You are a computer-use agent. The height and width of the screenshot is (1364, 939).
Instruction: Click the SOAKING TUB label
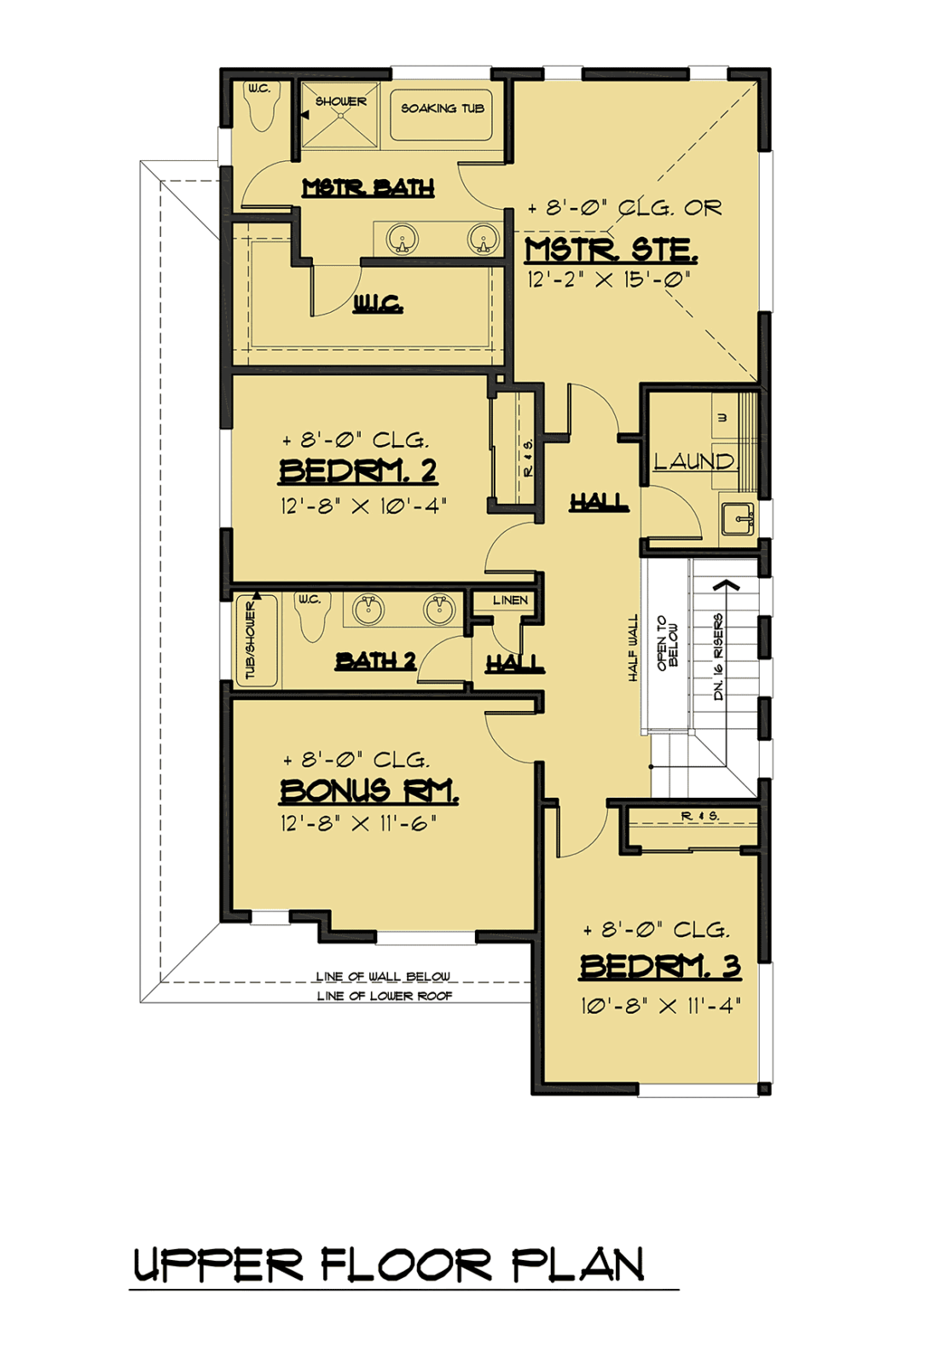click(x=443, y=108)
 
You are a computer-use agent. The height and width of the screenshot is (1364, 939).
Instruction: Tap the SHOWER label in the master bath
click(x=340, y=101)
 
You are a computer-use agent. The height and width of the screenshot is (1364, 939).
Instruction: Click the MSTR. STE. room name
click(x=611, y=251)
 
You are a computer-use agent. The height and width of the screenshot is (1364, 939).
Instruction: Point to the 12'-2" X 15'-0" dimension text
click(x=609, y=280)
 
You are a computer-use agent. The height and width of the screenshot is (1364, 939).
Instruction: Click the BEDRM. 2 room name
click(x=357, y=471)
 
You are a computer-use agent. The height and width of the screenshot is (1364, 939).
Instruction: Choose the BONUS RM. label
click(x=368, y=791)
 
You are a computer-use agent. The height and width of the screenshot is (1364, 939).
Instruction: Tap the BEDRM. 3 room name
click(x=660, y=967)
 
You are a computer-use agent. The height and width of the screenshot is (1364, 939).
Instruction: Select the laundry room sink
click(x=738, y=519)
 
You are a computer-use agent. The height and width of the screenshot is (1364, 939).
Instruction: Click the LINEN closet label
click(x=510, y=600)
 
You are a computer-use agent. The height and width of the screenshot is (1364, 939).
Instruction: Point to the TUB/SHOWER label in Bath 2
click(x=251, y=640)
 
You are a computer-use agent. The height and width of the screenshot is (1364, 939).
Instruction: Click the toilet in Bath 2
click(x=312, y=617)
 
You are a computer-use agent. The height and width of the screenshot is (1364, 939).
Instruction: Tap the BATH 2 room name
click(x=375, y=661)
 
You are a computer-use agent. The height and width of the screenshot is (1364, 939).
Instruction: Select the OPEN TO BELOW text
click(x=667, y=644)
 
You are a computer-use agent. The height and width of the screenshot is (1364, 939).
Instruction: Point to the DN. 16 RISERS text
click(x=718, y=656)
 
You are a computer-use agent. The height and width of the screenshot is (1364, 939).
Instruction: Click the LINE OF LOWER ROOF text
click(x=385, y=997)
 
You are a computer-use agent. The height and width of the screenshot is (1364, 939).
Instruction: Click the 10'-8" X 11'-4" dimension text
click(x=661, y=1005)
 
